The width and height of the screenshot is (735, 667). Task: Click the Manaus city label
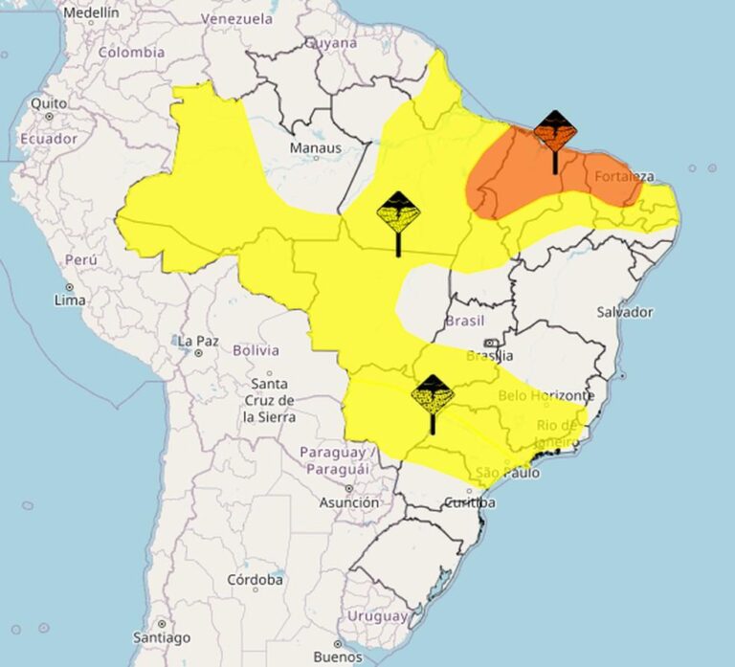coord(315,148)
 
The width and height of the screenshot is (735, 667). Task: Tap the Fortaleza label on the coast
coord(624,177)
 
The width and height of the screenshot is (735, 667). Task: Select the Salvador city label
coord(624,312)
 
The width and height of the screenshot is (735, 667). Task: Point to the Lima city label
coord(70,300)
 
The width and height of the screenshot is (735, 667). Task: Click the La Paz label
coord(198,341)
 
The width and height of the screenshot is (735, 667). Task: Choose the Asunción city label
coord(348,502)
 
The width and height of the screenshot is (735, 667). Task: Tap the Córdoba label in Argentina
coord(255,580)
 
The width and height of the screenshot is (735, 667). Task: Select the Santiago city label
coord(162,637)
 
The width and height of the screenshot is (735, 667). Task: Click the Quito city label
coord(49,102)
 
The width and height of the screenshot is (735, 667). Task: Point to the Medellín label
coord(91,12)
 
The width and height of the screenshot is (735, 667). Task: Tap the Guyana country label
coord(331,43)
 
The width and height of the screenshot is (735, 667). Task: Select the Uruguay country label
coord(376,616)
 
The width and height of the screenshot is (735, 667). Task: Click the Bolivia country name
coord(256,350)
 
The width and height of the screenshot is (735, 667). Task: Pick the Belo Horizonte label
coord(546,395)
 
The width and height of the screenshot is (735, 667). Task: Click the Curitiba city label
coord(471,503)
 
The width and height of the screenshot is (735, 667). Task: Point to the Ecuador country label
coord(48,139)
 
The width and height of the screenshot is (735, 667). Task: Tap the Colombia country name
coord(132,53)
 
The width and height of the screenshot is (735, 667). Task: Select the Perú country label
coord(81,259)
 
